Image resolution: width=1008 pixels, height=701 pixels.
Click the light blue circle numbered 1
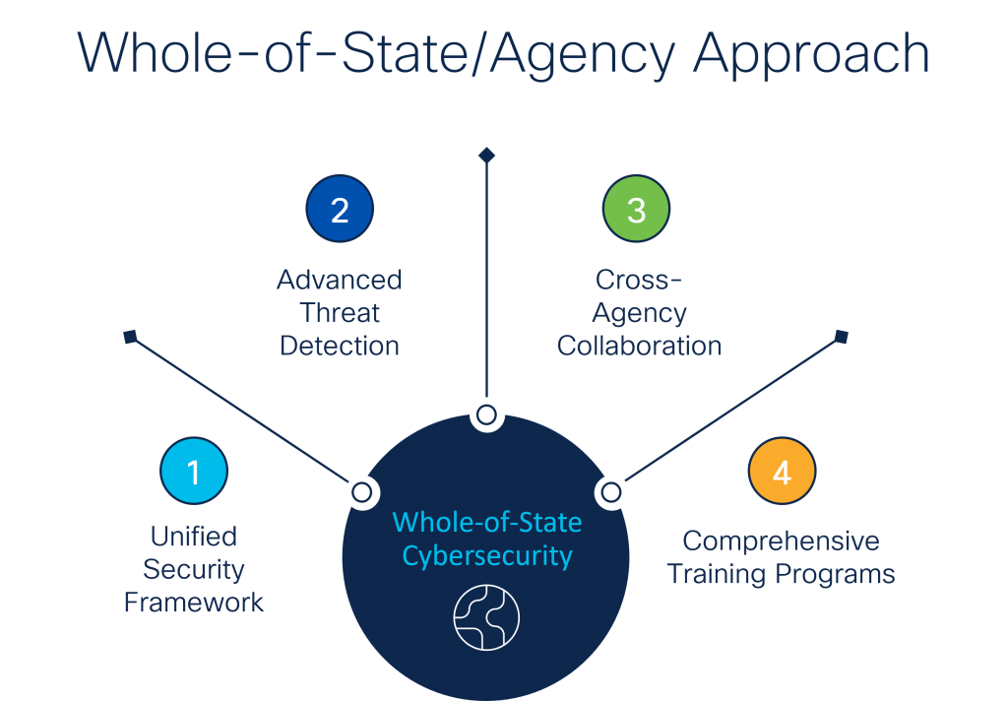194,472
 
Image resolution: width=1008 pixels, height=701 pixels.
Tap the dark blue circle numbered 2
340,210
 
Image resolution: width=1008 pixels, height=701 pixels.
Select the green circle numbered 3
636,210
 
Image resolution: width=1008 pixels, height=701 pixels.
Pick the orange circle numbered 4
782,472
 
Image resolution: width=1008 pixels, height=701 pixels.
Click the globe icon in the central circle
486,617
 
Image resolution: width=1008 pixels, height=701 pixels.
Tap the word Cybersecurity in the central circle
487,555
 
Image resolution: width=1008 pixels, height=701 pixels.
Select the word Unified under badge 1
194,537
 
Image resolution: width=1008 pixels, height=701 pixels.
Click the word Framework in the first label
194,603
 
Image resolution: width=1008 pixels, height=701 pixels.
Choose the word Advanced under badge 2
340,280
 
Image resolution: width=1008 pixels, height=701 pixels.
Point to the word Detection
340,346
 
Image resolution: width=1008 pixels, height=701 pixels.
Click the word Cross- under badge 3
639,280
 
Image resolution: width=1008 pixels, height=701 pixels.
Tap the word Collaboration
639,346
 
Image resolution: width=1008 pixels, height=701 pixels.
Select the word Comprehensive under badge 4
781,542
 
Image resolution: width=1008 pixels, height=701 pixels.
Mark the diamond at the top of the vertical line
486,155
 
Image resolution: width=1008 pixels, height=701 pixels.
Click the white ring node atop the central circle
486,414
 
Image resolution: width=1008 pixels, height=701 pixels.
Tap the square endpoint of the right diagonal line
841,338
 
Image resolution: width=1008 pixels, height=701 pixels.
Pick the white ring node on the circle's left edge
361,491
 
